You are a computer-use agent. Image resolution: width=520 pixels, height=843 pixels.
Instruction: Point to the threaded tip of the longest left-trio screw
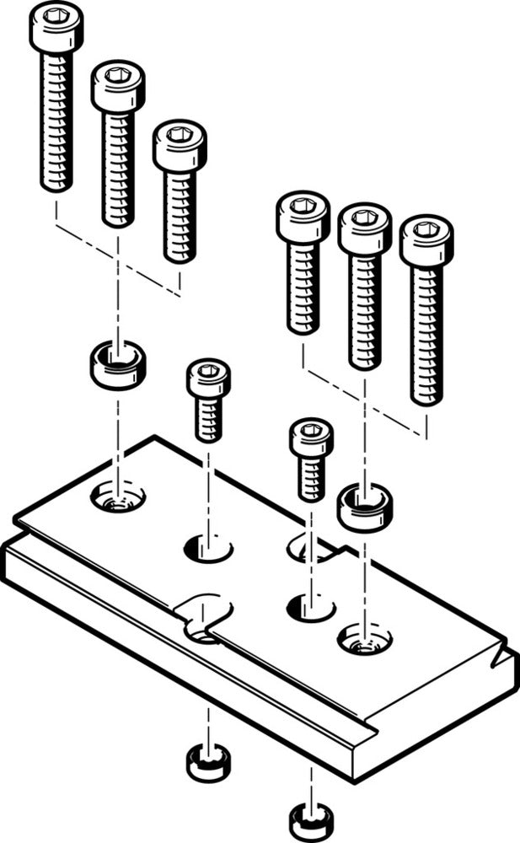(56, 181)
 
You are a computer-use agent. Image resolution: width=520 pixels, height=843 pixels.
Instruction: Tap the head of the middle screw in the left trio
(118, 83)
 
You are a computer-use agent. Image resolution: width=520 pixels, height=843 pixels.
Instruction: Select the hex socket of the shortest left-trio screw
(180, 135)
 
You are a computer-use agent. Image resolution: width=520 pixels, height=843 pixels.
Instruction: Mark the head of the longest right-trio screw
(426, 239)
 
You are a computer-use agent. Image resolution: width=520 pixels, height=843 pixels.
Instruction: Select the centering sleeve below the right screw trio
(364, 505)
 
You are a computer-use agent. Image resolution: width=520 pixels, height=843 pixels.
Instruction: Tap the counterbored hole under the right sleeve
(364, 640)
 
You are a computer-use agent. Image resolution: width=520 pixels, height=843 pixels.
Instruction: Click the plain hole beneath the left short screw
(208, 549)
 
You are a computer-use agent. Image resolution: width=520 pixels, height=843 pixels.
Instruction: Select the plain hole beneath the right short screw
(310, 605)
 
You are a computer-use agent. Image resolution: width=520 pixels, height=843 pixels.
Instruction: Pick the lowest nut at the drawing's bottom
(310, 819)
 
